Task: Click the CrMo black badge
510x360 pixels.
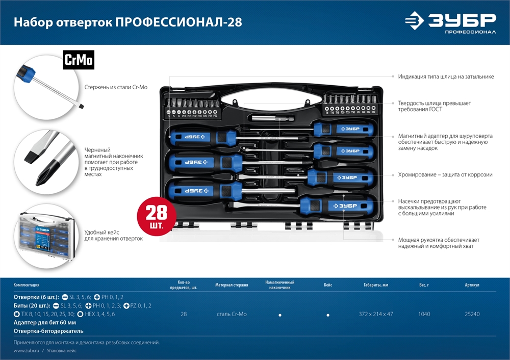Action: (79, 60)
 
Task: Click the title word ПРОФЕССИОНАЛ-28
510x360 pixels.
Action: (179, 22)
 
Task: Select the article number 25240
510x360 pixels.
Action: (472, 314)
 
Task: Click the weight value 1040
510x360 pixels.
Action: (424, 314)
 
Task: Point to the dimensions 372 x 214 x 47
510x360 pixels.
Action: (376, 314)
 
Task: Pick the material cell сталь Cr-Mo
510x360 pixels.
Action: (231, 314)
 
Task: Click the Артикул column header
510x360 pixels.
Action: (472, 285)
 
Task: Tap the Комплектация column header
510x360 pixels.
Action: (26, 285)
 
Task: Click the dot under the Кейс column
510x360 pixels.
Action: (328, 315)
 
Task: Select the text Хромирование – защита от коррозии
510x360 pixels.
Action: (445, 174)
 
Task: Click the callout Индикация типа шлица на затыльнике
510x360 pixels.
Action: (446, 76)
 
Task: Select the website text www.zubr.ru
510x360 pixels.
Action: (27, 351)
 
